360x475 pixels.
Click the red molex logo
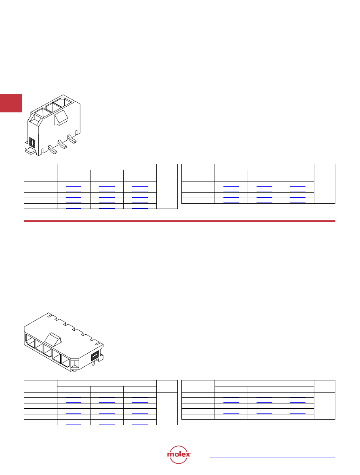pos(179,454)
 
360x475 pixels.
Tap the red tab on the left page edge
pos(11,103)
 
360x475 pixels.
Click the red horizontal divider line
pos(179,221)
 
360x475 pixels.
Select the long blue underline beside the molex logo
pos(272,458)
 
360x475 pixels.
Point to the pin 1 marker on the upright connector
pos(32,142)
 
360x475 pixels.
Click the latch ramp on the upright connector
pos(61,118)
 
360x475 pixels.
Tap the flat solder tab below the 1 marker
pos(31,150)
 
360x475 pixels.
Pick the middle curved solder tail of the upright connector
pos(62,144)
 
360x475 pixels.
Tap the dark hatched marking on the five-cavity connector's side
pos(95,355)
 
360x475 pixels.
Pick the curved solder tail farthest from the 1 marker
pos(72,139)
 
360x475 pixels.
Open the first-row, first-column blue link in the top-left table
pos(74,181)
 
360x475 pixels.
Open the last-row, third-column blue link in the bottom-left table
pos(140,424)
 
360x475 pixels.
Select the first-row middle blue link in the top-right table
pos(264,181)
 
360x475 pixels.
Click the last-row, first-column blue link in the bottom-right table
pos(231,419)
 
